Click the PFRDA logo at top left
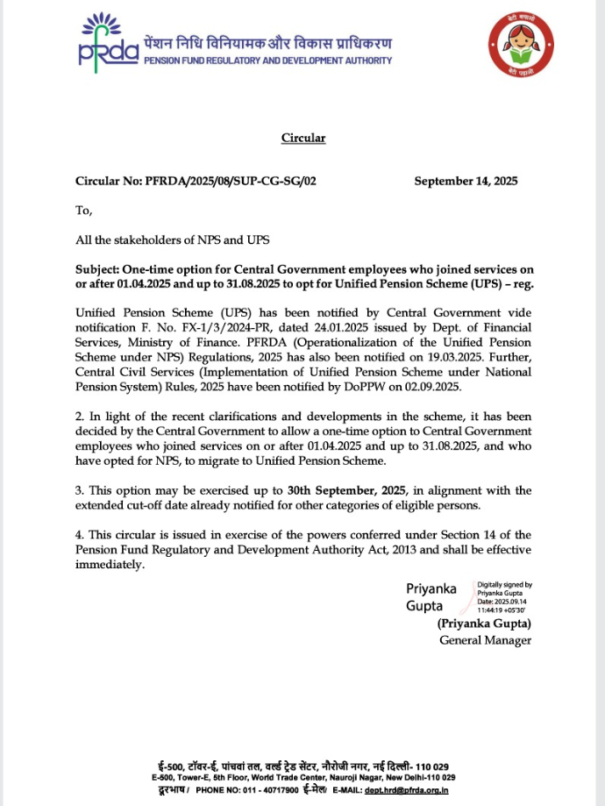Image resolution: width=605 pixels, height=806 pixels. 107,42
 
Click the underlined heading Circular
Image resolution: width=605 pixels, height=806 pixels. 302,138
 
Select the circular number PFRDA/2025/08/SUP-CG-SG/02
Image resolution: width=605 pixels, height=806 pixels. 222,182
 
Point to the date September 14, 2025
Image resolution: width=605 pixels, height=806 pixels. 466,182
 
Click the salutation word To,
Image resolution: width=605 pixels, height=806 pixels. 84,210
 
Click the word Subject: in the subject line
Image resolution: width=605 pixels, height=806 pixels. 98,269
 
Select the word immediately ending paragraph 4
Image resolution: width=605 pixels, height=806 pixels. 109,564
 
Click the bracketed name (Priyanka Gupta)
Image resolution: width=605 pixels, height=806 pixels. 484,624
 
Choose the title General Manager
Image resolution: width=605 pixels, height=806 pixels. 485,640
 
